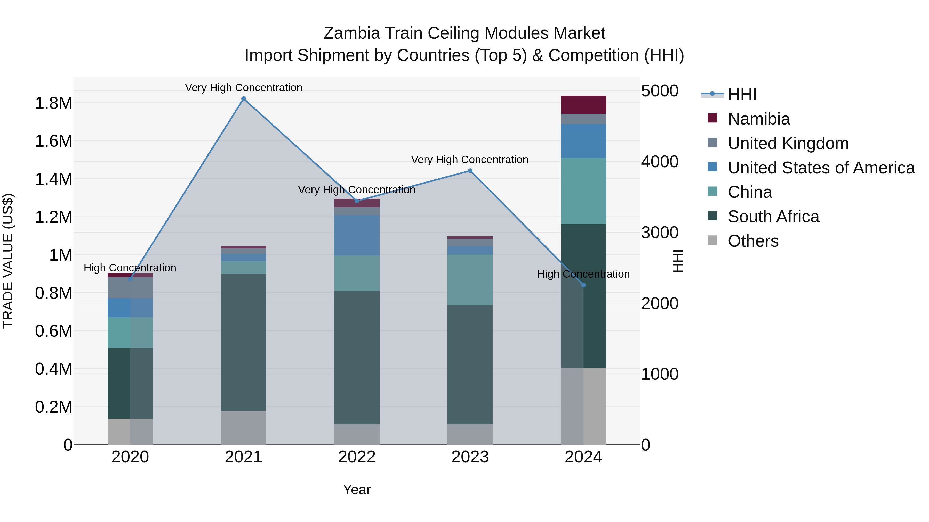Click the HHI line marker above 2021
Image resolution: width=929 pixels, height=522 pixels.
tap(243, 99)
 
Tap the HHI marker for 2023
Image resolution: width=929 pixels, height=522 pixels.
tap(470, 171)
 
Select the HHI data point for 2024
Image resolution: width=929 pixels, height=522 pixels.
tap(583, 285)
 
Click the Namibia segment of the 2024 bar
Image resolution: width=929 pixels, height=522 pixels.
tap(583, 105)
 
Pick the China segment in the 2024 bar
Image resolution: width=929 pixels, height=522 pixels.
tap(583, 191)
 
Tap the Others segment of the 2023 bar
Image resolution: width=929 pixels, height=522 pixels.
tap(470, 434)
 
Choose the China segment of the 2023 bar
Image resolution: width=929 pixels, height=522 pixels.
tap(470, 280)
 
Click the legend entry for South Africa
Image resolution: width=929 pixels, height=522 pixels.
tap(773, 217)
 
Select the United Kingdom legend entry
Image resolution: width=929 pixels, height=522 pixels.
tap(788, 143)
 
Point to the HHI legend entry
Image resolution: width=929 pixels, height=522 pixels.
tap(742, 94)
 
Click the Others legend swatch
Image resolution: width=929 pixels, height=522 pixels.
tap(712, 240)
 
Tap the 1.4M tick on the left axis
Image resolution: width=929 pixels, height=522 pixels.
tap(53, 179)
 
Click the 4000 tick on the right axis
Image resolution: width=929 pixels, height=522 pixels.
tap(660, 161)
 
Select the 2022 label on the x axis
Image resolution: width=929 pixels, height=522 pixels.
tap(357, 457)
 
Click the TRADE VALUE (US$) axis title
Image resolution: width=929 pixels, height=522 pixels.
tap(8, 261)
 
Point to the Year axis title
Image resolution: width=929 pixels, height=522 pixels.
tap(357, 490)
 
